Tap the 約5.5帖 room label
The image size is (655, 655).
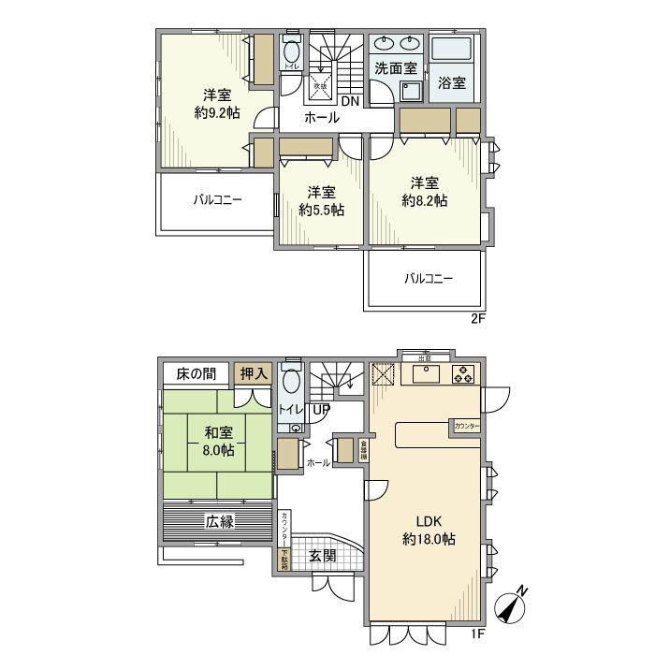321,201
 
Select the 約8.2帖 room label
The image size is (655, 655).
424,191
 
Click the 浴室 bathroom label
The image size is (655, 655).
453,82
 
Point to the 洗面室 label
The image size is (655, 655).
397,68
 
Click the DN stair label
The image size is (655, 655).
349,101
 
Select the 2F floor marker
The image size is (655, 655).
478,318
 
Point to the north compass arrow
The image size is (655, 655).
511,604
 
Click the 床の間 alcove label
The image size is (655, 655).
195,373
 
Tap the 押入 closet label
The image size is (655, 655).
249,373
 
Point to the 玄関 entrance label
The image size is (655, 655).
322,556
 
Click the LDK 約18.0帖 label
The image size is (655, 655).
429,531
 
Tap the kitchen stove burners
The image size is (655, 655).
463,376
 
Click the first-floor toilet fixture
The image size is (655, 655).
292,383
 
